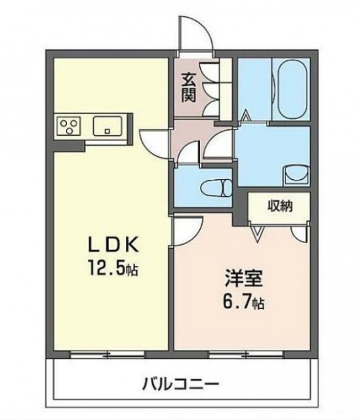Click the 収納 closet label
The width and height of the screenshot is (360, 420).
(x=279, y=206)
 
